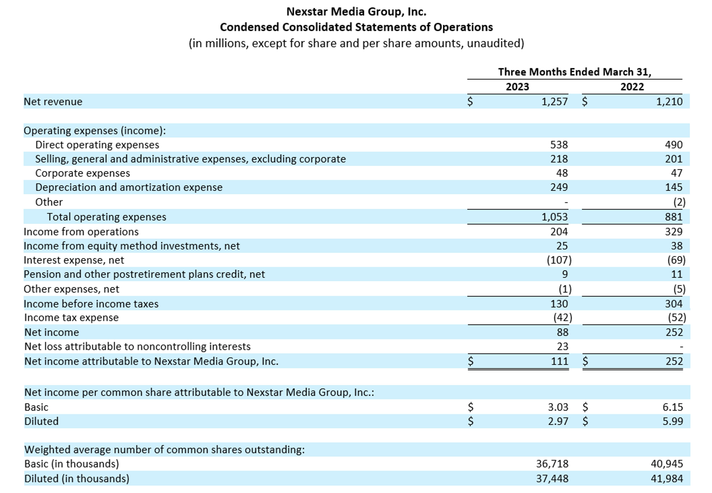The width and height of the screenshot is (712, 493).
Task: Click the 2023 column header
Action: (x=517, y=87)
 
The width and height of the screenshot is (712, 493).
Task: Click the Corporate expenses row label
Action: (x=83, y=173)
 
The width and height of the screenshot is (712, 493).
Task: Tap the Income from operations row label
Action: (x=81, y=232)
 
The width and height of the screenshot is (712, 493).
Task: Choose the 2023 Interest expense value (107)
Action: (x=559, y=260)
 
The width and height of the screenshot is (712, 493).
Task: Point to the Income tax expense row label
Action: (x=71, y=318)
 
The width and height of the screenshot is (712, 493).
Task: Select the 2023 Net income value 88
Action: (x=562, y=332)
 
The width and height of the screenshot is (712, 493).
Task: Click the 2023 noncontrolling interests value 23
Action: (x=562, y=347)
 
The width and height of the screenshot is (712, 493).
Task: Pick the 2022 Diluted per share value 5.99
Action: (x=673, y=421)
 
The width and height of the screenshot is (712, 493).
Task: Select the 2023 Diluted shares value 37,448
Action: (x=552, y=479)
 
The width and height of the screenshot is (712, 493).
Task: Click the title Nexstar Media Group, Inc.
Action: (x=356, y=12)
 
